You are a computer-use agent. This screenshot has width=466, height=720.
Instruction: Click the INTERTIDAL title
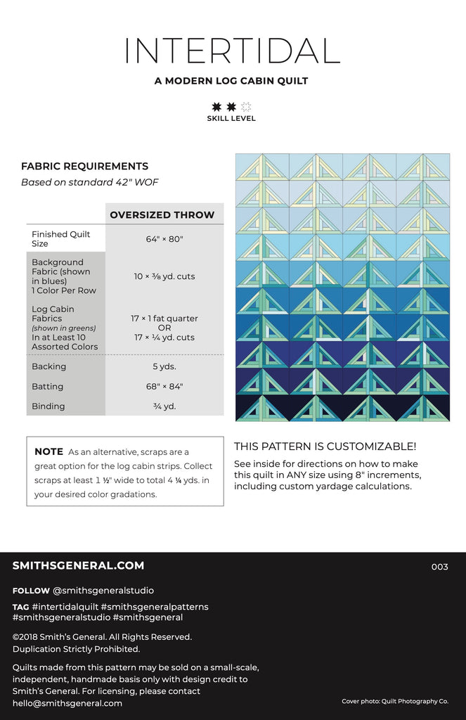click(x=232, y=51)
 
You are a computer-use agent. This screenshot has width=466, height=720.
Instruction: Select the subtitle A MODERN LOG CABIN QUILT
click(x=231, y=81)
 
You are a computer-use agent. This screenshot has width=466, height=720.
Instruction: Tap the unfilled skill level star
click(x=246, y=107)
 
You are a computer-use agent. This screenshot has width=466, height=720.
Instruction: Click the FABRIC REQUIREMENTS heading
click(x=84, y=167)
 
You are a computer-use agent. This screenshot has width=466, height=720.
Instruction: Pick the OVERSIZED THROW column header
click(x=162, y=214)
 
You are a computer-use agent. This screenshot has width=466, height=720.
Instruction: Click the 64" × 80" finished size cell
click(x=164, y=239)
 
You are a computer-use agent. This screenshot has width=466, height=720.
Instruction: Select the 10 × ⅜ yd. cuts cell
click(x=164, y=276)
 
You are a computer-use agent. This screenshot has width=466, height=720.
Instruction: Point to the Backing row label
click(x=48, y=366)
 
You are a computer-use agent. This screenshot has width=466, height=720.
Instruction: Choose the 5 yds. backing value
click(x=164, y=366)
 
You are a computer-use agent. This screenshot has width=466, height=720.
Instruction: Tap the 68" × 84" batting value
click(x=164, y=386)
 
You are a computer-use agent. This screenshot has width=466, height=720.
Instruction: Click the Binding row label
click(x=48, y=406)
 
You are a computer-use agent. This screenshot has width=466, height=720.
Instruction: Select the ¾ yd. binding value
click(x=164, y=406)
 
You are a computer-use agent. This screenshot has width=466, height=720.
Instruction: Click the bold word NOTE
click(x=48, y=452)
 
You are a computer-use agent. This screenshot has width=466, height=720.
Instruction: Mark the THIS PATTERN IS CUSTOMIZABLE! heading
click(x=325, y=446)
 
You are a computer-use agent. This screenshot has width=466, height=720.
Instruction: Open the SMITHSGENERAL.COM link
click(x=78, y=565)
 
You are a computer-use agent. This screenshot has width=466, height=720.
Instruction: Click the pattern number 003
click(x=439, y=567)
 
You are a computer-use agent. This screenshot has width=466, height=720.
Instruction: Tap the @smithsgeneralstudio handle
click(x=103, y=591)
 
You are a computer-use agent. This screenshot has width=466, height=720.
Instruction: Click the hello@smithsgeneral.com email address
click(x=67, y=703)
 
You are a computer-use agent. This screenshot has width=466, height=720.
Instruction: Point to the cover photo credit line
click(x=395, y=701)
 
